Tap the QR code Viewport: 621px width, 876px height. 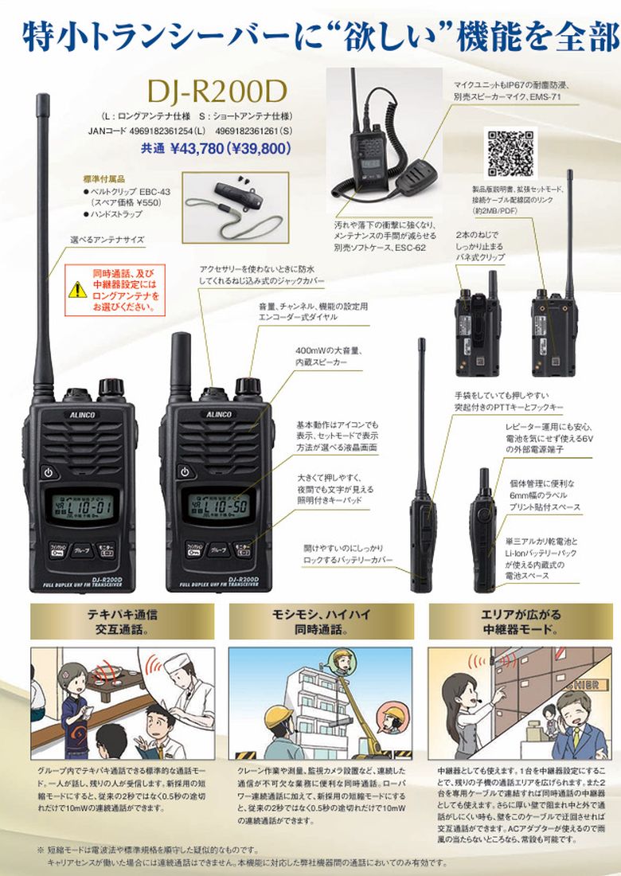511,152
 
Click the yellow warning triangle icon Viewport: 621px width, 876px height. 77,289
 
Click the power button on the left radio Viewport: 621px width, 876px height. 49,471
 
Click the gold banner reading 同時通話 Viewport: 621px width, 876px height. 321,621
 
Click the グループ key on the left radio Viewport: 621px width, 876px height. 82,549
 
